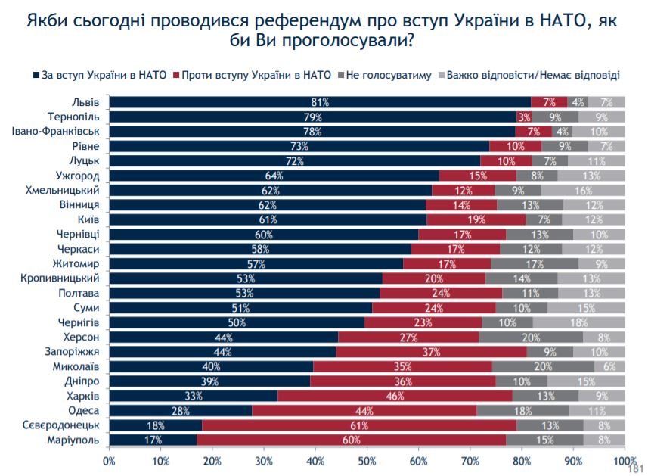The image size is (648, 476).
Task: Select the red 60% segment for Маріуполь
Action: click(352, 440)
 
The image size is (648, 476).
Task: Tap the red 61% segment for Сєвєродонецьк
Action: click(359, 425)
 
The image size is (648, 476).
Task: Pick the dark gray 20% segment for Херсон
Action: click(531, 337)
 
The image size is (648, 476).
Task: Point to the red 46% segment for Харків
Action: click(395, 396)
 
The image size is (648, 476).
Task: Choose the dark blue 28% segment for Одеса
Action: click(180, 410)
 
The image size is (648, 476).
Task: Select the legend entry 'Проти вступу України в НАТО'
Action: click(255, 76)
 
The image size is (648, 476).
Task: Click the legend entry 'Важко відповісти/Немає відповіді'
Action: click(534, 76)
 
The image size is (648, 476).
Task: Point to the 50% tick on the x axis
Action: click(367, 459)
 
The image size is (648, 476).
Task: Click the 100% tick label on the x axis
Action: click(624, 459)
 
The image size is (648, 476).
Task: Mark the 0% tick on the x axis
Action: click(109, 459)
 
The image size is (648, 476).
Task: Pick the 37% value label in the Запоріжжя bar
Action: click(431, 352)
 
